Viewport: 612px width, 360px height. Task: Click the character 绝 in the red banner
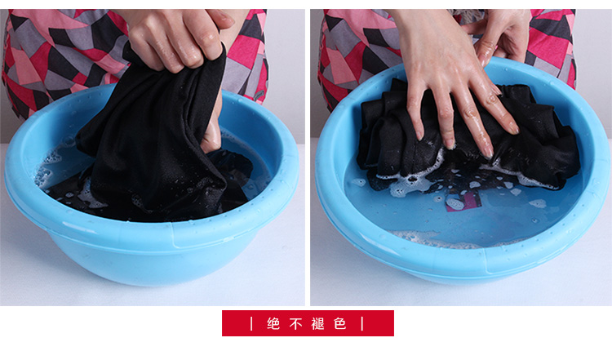(x=273, y=324)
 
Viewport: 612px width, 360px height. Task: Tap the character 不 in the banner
(x=295, y=324)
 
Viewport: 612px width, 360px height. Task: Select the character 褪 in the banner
(x=317, y=324)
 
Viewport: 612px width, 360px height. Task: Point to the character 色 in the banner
(x=340, y=324)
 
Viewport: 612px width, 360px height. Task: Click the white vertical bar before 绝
(x=252, y=324)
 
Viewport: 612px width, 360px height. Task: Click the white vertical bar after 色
(x=362, y=324)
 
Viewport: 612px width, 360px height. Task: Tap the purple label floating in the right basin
(x=462, y=201)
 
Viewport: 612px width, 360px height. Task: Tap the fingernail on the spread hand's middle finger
(x=488, y=152)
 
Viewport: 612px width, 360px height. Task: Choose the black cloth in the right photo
(x=468, y=140)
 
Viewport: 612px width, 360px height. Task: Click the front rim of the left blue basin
(x=153, y=230)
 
